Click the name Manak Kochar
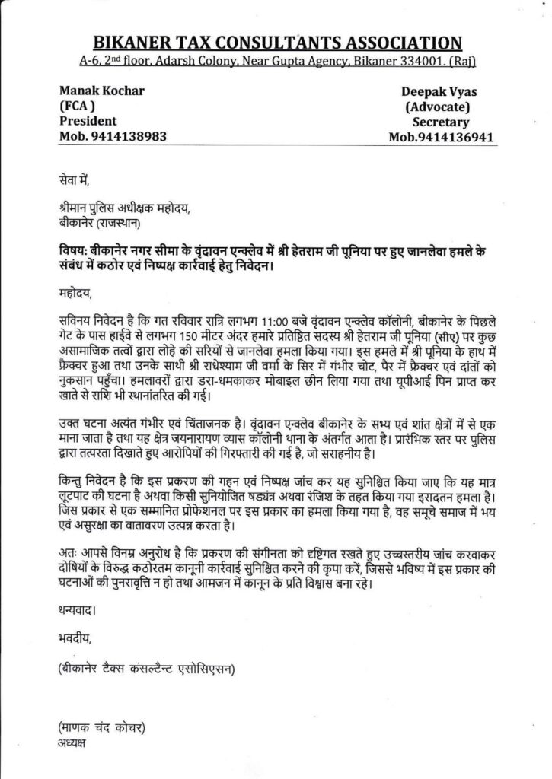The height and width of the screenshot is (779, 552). (x=101, y=92)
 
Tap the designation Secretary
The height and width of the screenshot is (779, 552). (x=441, y=122)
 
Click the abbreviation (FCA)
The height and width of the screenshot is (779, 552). (x=76, y=107)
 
